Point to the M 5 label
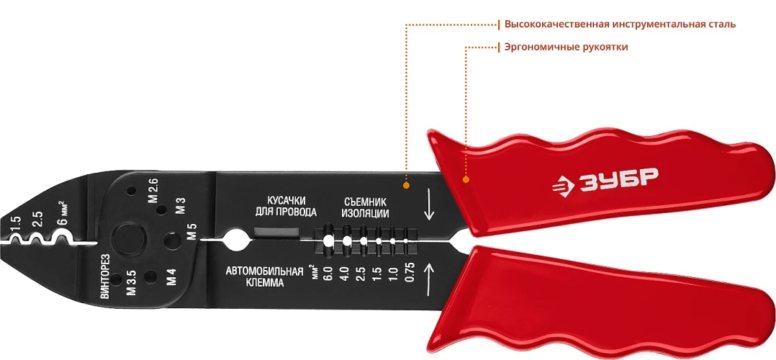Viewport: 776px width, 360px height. pyautogui.click(x=192, y=232)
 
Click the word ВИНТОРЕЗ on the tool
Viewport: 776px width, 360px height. pyautogui.click(x=104, y=276)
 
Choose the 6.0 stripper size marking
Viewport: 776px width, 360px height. pyautogui.click(x=327, y=273)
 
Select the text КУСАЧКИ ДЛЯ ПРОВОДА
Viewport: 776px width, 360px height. pyautogui.click(x=286, y=207)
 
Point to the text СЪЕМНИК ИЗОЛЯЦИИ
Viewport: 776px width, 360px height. pyautogui.click(x=365, y=208)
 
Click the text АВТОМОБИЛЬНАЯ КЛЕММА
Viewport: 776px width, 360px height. pyautogui.click(x=264, y=277)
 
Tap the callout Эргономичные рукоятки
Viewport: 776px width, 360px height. pyautogui.click(x=566, y=48)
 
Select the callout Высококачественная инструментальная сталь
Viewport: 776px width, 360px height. pyautogui.click(x=620, y=24)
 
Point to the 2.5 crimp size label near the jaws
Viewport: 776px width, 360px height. pyautogui.click(x=37, y=220)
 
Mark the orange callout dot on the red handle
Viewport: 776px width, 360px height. pyautogui.click(x=466, y=180)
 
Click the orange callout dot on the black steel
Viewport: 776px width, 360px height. pyautogui.click(x=406, y=185)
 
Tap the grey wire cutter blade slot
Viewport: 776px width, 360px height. pyautogui.click(x=277, y=232)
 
